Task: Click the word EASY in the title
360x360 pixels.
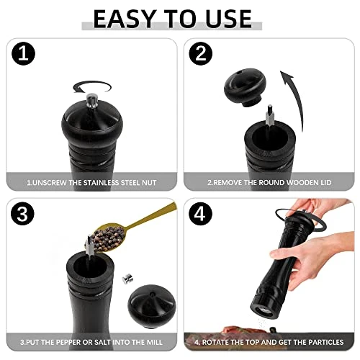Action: pyautogui.click(x=123, y=19)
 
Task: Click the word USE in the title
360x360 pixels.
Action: pyautogui.click(x=228, y=19)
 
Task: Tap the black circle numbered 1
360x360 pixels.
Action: pyautogui.click(x=23, y=53)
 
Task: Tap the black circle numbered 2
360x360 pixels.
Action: pyautogui.click(x=201, y=53)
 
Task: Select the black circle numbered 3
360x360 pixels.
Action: pyautogui.click(x=22, y=214)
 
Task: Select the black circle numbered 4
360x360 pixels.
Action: pyautogui.click(x=200, y=214)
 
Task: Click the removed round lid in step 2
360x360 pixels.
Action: pyautogui.click(x=245, y=86)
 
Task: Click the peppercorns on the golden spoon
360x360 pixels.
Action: pyautogui.click(x=109, y=238)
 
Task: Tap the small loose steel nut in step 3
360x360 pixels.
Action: pyautogui.click(x=127, y=279)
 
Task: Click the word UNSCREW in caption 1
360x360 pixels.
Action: pyautogui.click(x=50, y=183)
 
